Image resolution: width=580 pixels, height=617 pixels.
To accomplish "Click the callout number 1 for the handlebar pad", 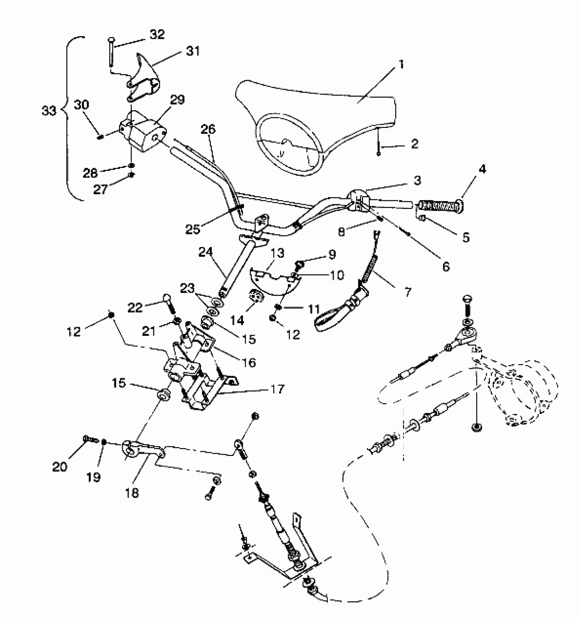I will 401,64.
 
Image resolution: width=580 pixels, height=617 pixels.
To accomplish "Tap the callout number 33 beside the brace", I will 49,111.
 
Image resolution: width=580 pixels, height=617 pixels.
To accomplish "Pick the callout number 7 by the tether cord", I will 408,292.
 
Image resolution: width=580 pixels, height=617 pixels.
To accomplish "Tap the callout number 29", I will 177,100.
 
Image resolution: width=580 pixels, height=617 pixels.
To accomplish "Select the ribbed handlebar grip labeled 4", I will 440,206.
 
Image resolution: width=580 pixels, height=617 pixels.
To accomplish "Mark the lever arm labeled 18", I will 143,450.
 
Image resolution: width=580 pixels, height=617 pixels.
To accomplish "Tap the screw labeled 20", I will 90,439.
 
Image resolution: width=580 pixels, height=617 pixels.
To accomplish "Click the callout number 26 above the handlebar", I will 208,130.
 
